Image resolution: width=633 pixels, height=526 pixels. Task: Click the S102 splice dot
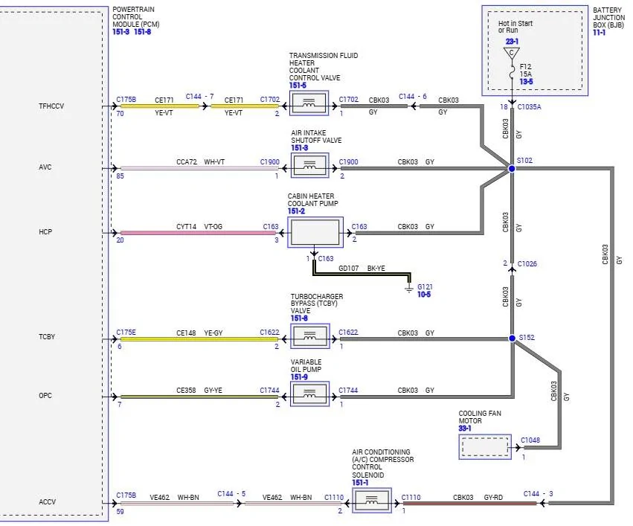[x=512, y=168]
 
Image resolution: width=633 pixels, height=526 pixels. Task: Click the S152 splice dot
[x=512, y=339]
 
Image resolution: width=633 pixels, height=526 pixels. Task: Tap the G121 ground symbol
[x=409, y=288]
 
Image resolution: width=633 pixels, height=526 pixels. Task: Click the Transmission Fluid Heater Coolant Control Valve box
[x=309, y=103]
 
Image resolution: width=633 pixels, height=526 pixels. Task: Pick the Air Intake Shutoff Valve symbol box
[x=310, y=165]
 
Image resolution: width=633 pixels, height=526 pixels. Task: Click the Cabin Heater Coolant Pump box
[x=315, y=232]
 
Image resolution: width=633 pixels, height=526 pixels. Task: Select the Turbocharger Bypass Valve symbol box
[x=310, y=336]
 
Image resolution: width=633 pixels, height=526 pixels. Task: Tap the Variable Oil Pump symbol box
[x=309, y=394]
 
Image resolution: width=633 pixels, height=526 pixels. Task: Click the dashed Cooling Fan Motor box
[x=485, y=447]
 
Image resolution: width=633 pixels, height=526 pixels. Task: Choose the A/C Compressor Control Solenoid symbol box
[x=372, y=500]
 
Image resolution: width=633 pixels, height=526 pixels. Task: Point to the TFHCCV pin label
[x=51, y=106]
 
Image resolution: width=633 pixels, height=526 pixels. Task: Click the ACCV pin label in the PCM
[x=47, y=501]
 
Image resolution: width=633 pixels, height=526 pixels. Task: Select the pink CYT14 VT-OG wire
[x=198, y=233]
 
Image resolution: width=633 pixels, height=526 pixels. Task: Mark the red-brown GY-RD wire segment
[x=470, y=504]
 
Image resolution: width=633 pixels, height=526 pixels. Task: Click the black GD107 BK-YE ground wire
[x=362, y=275]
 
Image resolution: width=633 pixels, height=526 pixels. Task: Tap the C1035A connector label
[x=530, y=107]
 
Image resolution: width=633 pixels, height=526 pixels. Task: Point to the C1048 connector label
[x=530, y=440]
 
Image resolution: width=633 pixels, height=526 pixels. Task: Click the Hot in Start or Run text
[x=515, y=27]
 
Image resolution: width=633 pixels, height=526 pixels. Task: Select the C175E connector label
[x=126, y=333]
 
